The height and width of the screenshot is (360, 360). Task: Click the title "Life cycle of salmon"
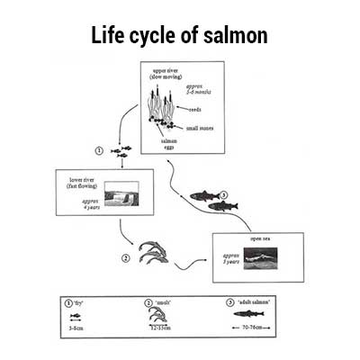(x=180, y=36)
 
